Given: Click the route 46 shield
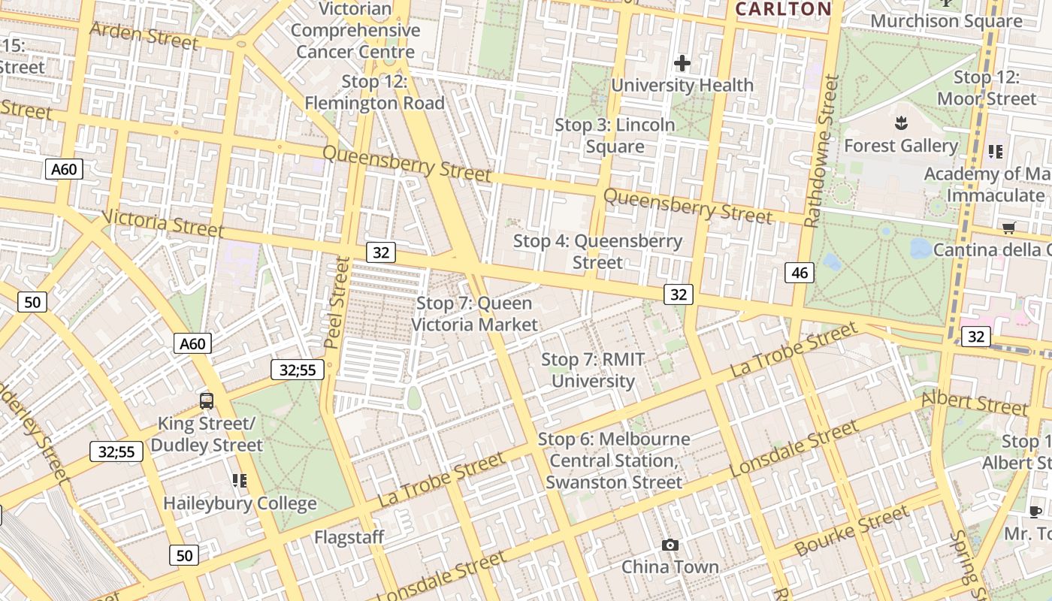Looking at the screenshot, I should [800, 273].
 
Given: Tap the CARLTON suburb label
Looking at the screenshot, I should [783, 9].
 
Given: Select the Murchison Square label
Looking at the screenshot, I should [946, 21].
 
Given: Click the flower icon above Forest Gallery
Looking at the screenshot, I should [900, 122].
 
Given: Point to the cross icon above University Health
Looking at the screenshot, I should [682, 63].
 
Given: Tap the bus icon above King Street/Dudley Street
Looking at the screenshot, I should [207, 400].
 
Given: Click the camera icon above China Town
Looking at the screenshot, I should [670, 545].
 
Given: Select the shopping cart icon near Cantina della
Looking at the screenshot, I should [1008, 227].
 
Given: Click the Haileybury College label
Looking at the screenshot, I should [240, 503].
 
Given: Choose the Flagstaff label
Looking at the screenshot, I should [349, 537].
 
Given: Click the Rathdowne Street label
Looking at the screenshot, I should [821, 150].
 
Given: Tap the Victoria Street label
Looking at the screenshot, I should [162, 222].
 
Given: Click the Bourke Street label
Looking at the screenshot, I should [851, 532].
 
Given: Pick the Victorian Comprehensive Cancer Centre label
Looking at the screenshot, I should [355, 30].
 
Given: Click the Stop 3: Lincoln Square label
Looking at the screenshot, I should [615, 135].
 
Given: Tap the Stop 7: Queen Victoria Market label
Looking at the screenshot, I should [474, 314].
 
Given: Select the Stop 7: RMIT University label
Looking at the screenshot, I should [593, 370].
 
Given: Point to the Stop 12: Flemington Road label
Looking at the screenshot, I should [374, 92].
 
